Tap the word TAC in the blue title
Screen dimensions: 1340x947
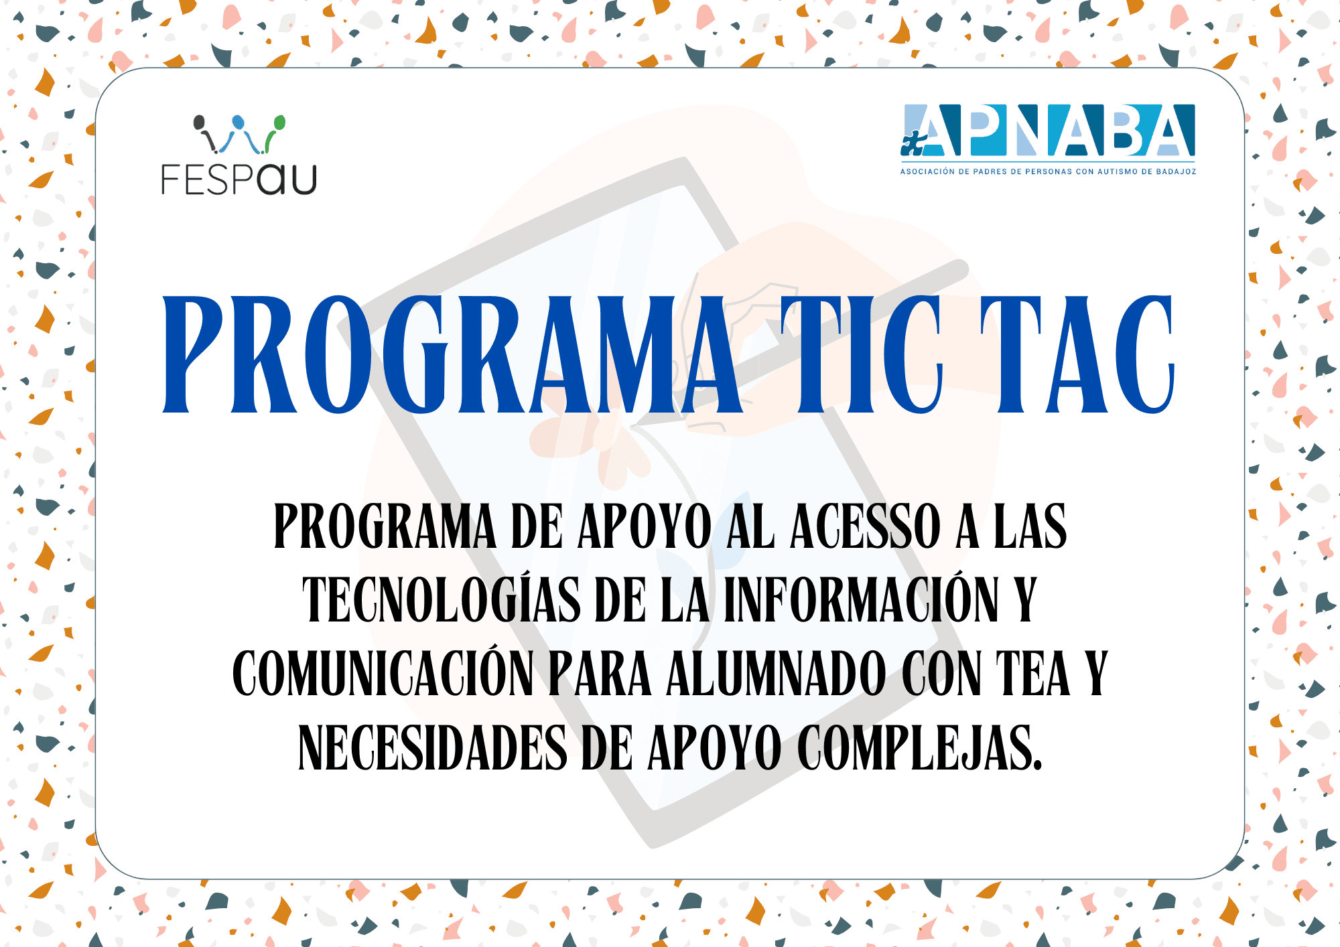1077,354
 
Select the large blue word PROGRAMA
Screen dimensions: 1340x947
453,354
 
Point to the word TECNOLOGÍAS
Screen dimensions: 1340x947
442,599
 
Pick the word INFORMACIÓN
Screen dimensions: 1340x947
861,599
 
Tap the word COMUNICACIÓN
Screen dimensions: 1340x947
383,673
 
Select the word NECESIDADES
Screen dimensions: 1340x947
433,747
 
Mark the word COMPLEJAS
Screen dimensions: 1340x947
920,747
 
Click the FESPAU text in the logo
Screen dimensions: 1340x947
239,179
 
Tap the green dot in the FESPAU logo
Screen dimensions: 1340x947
279,123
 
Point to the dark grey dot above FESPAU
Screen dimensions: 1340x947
199,123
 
